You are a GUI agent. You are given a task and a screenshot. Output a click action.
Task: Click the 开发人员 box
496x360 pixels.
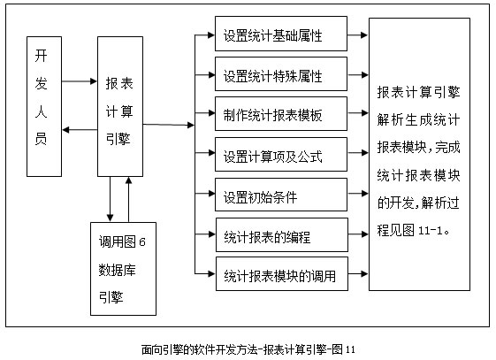click(x=44, y=106)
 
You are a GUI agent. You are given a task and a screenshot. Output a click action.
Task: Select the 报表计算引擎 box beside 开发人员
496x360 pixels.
click(x=120, y=106)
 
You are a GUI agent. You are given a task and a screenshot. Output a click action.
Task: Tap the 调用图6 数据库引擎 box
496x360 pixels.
click(x=123, y=269)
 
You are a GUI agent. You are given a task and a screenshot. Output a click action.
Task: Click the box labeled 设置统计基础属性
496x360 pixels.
click(x=281, y=34)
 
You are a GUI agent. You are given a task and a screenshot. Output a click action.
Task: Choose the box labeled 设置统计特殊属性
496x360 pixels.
click(x=281, y=74)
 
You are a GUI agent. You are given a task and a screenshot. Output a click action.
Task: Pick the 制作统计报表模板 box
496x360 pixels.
click(x=281, y=114)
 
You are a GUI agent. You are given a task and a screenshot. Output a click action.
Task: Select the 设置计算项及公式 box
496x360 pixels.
click(x=281, y=155)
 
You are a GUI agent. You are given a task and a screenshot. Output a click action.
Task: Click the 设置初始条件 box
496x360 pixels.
click(x=281, y=195)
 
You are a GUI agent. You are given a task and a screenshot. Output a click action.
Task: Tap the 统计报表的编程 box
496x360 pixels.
click(x=282, y=234)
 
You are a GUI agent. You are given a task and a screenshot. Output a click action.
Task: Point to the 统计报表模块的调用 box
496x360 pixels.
click(x=282, y=274)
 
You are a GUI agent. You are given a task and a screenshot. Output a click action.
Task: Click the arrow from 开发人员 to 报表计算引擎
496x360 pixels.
click(x=80, y=81)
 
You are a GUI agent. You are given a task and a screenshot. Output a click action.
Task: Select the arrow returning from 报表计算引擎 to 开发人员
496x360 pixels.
click(x=80, y=130)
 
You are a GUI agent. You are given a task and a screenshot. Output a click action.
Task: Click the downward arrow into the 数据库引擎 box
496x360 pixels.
click(x=110, y=199)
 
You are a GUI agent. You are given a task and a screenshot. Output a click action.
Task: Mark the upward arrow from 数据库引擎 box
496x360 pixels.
click(x=128, y=199)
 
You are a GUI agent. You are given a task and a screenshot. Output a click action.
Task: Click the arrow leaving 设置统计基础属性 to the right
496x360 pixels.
click(x=358, y=34)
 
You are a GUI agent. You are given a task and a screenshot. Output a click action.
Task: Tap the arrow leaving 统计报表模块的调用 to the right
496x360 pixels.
click(x=358, y=273)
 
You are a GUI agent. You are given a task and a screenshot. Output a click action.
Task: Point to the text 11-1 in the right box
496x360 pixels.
click(x=430, y=230)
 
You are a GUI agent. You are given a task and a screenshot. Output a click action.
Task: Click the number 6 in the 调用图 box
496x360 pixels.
click(x=142, y=242)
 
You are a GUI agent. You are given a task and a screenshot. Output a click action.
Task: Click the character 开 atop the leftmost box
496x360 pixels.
click(x=42, y=56)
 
